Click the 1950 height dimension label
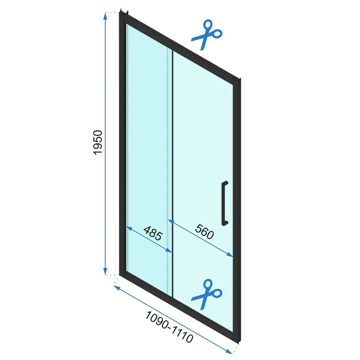pos(97,142)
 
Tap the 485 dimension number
pos(153,233)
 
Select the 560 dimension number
pos(204,231)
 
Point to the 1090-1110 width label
pos(169,327)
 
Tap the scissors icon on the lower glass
pos(207,294)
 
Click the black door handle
pos(225,203)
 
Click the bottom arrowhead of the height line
pos(105,271)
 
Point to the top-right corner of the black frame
pos(240,79)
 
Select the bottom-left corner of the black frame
pos(120,274)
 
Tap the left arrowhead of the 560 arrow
pos(171,221)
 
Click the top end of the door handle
pos(225,182)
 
